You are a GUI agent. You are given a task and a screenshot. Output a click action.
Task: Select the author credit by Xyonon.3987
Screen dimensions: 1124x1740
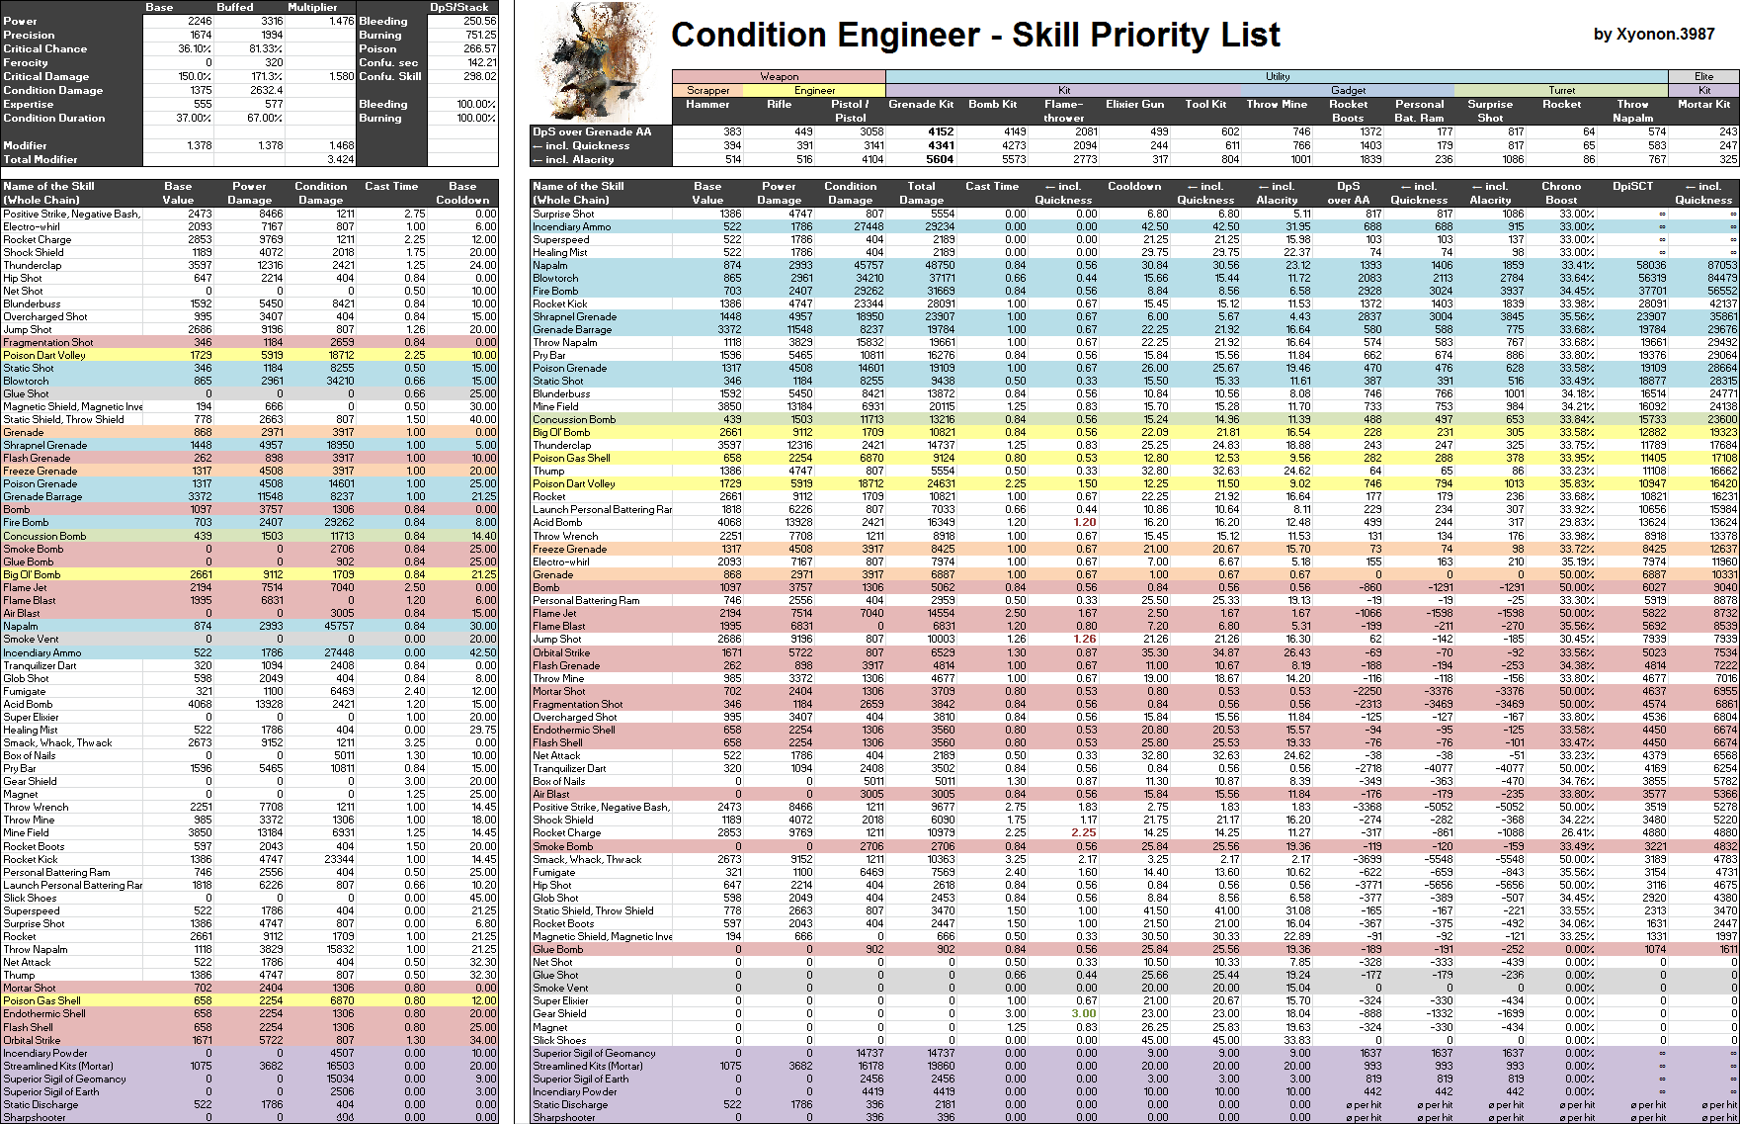point(1653,35)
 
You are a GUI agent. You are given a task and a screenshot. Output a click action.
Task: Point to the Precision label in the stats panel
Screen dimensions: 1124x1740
point(30,35)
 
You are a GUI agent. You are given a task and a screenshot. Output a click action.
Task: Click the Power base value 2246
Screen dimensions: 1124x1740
point(199,21)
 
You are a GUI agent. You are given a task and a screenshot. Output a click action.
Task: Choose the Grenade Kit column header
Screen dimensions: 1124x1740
point(921,104)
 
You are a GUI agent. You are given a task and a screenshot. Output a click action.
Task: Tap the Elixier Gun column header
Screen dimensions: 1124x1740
point(1135,104)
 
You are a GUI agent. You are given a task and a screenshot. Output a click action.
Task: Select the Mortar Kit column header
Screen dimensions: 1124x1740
point(1703,104)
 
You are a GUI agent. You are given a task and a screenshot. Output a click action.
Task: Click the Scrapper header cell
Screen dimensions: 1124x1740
point(707,90)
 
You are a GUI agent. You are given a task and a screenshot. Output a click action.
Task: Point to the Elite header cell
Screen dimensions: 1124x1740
point(1703,76)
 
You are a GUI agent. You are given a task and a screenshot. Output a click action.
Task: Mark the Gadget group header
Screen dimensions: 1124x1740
point(1348,90)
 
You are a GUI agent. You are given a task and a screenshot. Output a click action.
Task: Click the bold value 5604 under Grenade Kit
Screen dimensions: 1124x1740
point(940,159)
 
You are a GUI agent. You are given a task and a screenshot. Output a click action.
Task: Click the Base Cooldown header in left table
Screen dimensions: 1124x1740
point(462,193)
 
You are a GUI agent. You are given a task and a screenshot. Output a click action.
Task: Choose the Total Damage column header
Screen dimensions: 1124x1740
point(921,193)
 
